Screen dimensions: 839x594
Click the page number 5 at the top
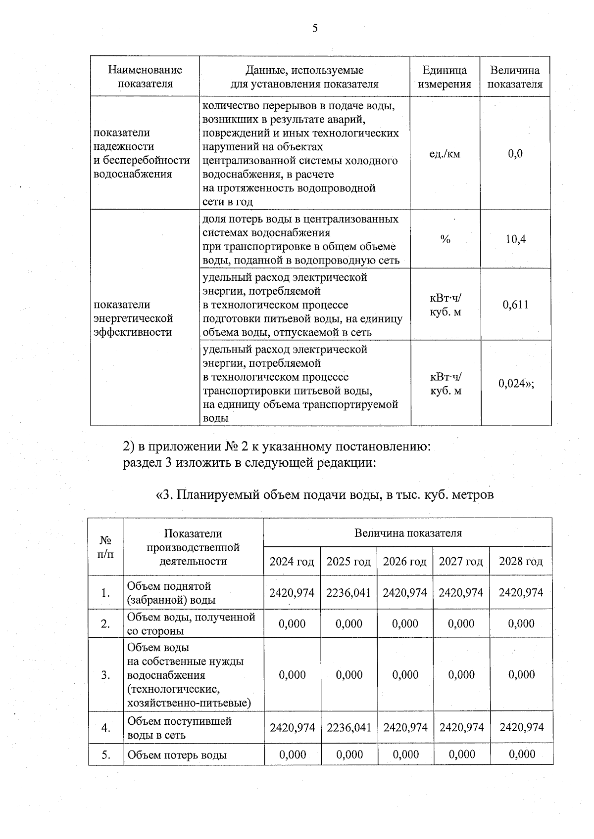click(x=315, y=28)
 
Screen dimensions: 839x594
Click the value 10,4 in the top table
click(x=515, y=240)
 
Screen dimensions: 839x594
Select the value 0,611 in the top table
click(x=515, y=305)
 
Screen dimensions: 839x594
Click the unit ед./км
click(x=445, y=154)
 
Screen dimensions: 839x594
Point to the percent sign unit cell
click(x=445, y=240)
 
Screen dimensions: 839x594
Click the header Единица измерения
click(x=445, y=77)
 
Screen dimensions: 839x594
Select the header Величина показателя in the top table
click(x=515, y=77)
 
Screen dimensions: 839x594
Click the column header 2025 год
click(x=348, y=562)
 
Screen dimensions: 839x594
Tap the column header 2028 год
click(x=521, y=562)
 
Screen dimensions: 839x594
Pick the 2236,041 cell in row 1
click(x=348, y=593)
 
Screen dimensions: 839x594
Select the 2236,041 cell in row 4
click(x=348, y=728)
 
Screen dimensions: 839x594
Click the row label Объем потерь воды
click(x=177, y=755)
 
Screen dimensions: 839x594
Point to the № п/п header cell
click(x=105, y=547)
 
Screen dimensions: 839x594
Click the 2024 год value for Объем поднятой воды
click(x=292, y=593)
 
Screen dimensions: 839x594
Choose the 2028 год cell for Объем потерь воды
click(x=521, y=754)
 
